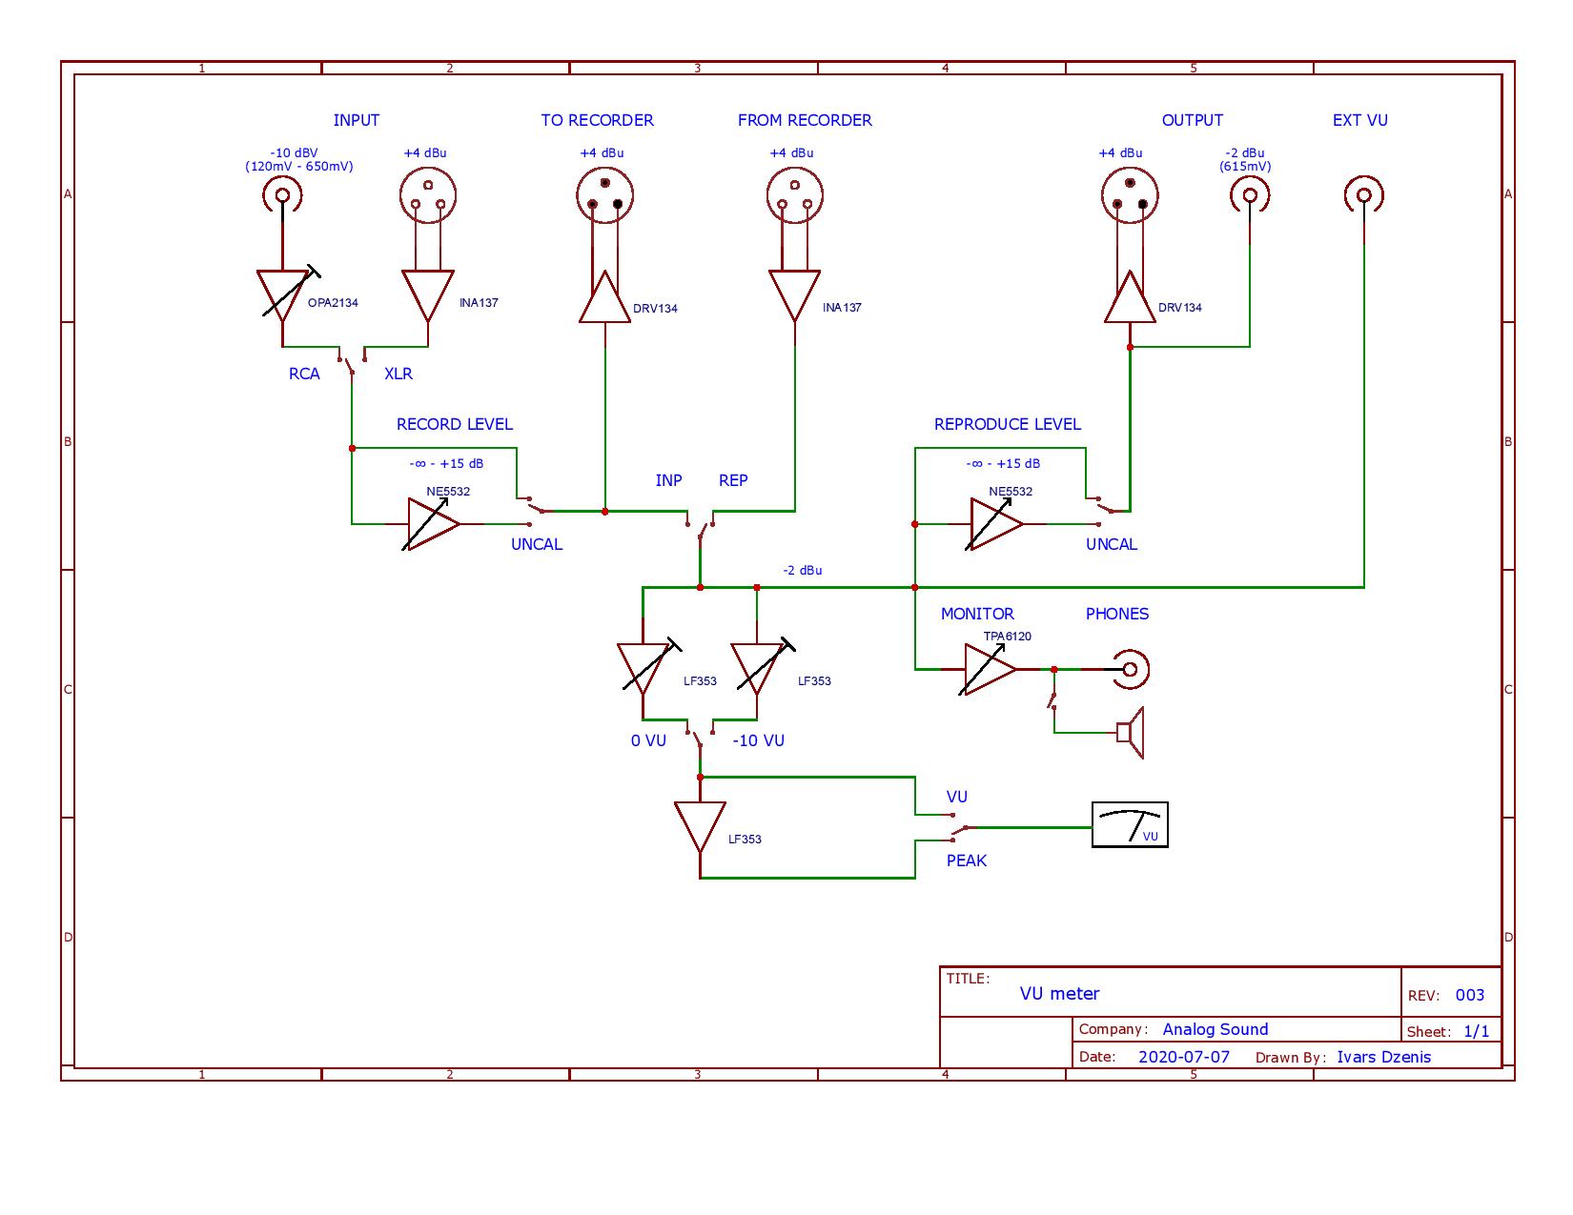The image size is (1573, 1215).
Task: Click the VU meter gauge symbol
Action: click(1130, 824)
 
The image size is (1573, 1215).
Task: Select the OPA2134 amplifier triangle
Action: click(283, 294)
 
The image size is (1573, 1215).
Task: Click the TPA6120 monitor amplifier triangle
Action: click(990, 669)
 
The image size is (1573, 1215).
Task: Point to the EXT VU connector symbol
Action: click(1363, 196)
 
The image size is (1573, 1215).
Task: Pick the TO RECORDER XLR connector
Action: click(604, 196)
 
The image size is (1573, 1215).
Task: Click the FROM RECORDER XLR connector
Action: click(795, 196)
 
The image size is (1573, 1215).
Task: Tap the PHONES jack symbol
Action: click(1131, 669)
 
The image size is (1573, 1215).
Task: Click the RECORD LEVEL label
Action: click(454, 424)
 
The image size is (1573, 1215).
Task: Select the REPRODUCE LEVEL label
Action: click(1007, 424)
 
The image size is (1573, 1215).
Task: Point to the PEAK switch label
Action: click(966, 861)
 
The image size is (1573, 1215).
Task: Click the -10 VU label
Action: click(758, 740)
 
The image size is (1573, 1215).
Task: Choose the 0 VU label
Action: click(648, 740)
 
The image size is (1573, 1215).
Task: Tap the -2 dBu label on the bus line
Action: click(802, 570)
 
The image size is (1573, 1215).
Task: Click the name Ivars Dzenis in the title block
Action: click(1383, 1057)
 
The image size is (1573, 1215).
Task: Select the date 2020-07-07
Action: click(1184, 1057)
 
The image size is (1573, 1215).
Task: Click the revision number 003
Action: click(1470, 995)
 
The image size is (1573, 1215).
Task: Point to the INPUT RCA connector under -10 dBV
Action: click(282, 197)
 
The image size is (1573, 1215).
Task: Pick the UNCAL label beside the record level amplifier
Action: click(537, 544)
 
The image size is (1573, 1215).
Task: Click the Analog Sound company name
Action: click(1215, 1029)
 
